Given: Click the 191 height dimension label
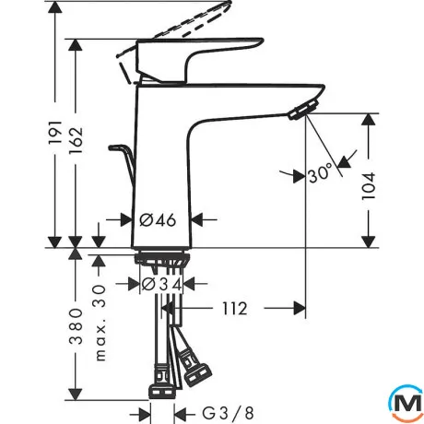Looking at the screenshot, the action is (55, 133).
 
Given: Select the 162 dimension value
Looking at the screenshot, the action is (76, 140).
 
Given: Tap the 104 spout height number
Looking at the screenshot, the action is (369, 186).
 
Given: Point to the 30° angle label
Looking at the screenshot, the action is (320, 173).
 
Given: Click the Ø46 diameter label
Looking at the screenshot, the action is (158, 220).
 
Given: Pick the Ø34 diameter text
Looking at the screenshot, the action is (161, 284).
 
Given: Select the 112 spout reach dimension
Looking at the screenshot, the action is (235, 309).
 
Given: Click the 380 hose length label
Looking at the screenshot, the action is (76, 326).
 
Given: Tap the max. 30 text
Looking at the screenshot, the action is (100, 323).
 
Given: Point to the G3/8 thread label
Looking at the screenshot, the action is (228, 413).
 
